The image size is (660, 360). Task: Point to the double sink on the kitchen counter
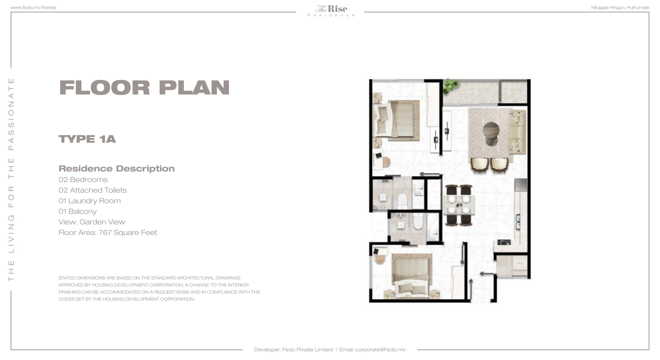pos(518,222)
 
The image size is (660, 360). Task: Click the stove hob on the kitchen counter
pos(504,242)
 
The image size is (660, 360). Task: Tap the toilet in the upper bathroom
pos(402,201)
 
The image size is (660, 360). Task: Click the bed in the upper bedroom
pos(397,120)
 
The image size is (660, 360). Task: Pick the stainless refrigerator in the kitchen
pos(521,185)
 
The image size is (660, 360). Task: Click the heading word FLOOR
pos(104,88)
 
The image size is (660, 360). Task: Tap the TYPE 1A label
pos(87,139)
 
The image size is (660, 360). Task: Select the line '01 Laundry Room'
pos(90,201)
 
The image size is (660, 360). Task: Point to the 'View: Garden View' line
pos(92,222)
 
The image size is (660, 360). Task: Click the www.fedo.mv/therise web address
pos(33,8)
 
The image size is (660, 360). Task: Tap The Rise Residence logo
pos(331,11)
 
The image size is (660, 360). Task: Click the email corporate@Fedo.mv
pos(380,350)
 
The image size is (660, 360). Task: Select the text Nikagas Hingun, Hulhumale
pos(620,8)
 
